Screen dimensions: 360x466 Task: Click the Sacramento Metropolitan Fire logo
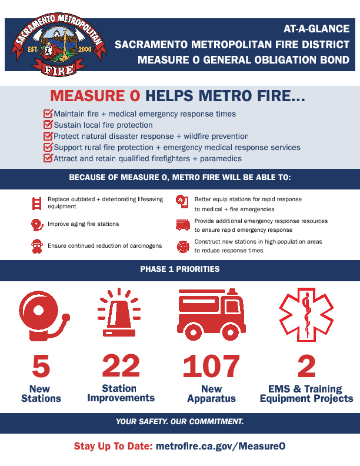click(59, 45)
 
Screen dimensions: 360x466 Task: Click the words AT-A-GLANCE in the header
click(316, 29)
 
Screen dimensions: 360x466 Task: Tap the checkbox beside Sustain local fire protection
click(48, 125)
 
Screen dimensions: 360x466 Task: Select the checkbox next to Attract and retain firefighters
click(48, 158)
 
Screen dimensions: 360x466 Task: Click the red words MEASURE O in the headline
click(95, 96)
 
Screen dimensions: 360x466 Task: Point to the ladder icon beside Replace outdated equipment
click(36, 203)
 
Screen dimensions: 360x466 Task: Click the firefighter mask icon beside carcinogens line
click(37, 247)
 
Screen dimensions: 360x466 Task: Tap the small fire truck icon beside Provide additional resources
click(183, 225)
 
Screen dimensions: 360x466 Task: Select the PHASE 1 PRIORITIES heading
click(180, 269)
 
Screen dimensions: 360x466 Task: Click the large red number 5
click(41, 366)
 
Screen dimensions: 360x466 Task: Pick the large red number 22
click(121, 365)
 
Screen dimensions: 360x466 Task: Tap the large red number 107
click(211, 366)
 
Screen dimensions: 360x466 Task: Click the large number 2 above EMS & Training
click(306, 366)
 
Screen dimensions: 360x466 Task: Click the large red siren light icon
click(119, 312)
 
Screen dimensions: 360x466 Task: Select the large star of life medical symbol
click(306, 314)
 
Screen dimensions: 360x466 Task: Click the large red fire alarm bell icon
click(45, 315)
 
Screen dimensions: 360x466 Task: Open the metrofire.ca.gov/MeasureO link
click(221, 446)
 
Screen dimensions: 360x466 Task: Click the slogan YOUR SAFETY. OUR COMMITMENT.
click(179, 421)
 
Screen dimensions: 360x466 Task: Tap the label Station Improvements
click(121, 393)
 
